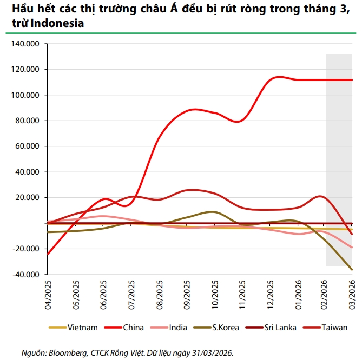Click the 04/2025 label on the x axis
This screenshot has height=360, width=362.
pyautogui.click(x=48, y=293)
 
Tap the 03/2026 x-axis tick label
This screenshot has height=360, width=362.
pyautogui.click(x=352, y=293)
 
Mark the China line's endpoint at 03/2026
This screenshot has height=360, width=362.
pyautogui.click(x=352, y=80)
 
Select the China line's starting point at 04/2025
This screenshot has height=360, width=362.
pyautogui.click(x=48, y=254)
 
